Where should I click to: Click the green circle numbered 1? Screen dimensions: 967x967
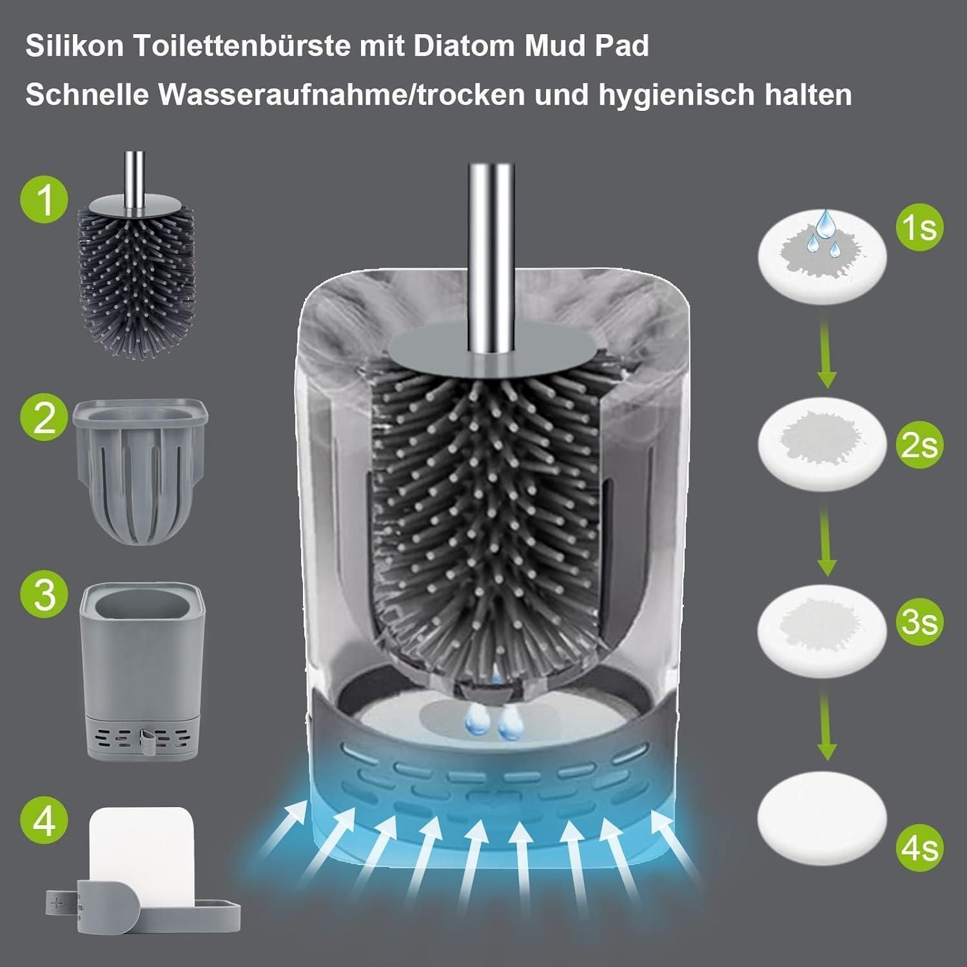click(x=44, y=201)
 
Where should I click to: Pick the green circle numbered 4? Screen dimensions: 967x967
click(x=44, y=820)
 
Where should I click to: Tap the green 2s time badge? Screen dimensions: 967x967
click(x=919, y=445)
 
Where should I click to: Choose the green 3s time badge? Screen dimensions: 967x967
click(x=919, y=621)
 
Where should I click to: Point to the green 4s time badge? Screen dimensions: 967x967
click(x=919, y=847)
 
